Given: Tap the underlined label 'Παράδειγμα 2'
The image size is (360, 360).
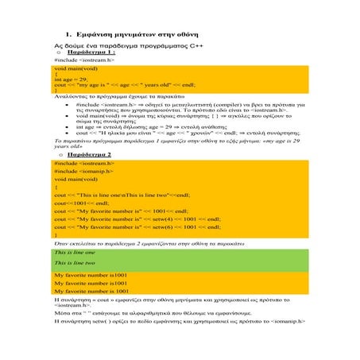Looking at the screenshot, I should (91, 153).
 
